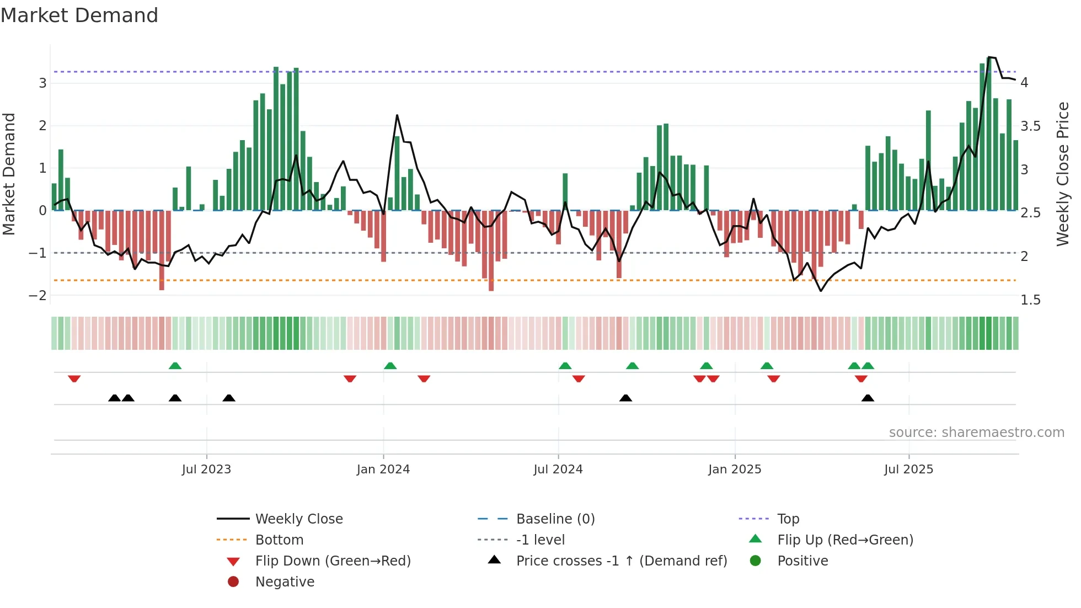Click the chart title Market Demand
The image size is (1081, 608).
click(x=79, y=15)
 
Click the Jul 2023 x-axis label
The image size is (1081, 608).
click(x=206, y=470)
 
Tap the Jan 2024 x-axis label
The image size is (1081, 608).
click(x=383, y=470)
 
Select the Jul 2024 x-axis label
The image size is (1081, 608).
click(x=558, y=470)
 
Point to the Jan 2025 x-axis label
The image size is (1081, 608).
click(x=734, y=470)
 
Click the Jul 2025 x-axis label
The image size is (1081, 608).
click(x=908, y=470)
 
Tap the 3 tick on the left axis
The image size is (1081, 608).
click(x=42, y=83)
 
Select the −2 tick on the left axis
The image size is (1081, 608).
click(x=38, y=296)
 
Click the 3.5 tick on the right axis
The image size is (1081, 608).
click(x=1030, y=126)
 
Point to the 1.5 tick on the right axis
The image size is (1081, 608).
click(x=1030, y=300)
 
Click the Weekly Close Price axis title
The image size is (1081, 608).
click(x=1062, y=174)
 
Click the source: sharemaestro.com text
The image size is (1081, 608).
click(x=976, y=433)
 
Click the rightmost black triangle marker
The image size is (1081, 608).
click(x=868, y=398)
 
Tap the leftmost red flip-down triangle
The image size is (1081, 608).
click(x=74, y=378)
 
